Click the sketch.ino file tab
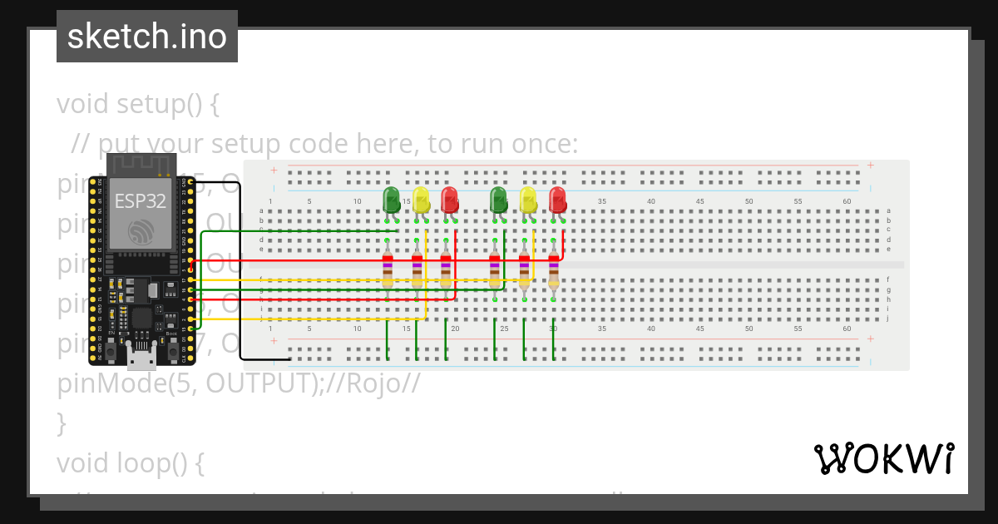147,37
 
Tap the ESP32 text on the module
140,200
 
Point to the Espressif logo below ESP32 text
140,230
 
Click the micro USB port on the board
141,358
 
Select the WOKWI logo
883,459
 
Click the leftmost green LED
391,200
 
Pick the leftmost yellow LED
421,200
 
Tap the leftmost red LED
449,200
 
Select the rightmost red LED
557,200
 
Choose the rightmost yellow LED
528,200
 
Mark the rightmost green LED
498,200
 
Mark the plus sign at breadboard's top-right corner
870,165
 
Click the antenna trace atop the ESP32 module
140,164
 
